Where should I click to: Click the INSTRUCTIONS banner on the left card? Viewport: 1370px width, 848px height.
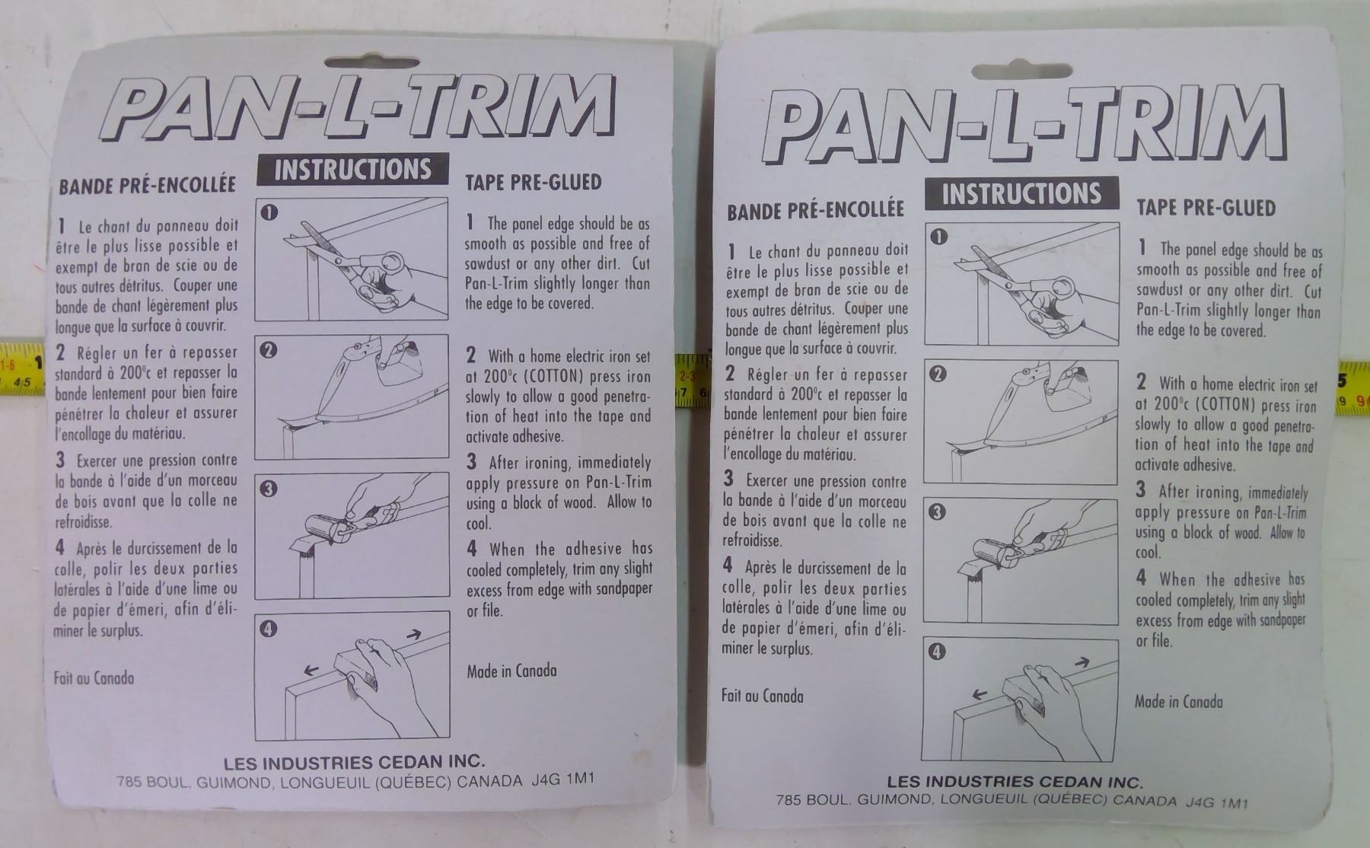coord(353,169)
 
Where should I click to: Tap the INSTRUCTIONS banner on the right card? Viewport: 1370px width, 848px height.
coord(1021,193)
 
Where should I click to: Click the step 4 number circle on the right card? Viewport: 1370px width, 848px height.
coord(937,652)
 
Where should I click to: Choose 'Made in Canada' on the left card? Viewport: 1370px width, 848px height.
coord(511,671)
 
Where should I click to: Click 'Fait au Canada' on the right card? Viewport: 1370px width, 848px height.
coord(762,695)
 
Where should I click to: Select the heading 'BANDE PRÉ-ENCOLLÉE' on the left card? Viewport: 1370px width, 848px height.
coord(147,186)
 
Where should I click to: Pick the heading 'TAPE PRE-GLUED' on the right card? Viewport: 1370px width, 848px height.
coord(1206,208)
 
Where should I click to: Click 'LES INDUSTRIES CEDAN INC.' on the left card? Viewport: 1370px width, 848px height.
coord(355,761)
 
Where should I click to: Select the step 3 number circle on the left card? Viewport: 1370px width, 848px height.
coord(268,489)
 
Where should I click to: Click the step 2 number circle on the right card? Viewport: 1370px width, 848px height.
coord(938,374)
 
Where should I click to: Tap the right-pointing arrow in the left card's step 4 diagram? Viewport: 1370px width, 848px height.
coord(415,633)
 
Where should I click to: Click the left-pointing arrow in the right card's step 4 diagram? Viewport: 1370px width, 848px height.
coord(981,695)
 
